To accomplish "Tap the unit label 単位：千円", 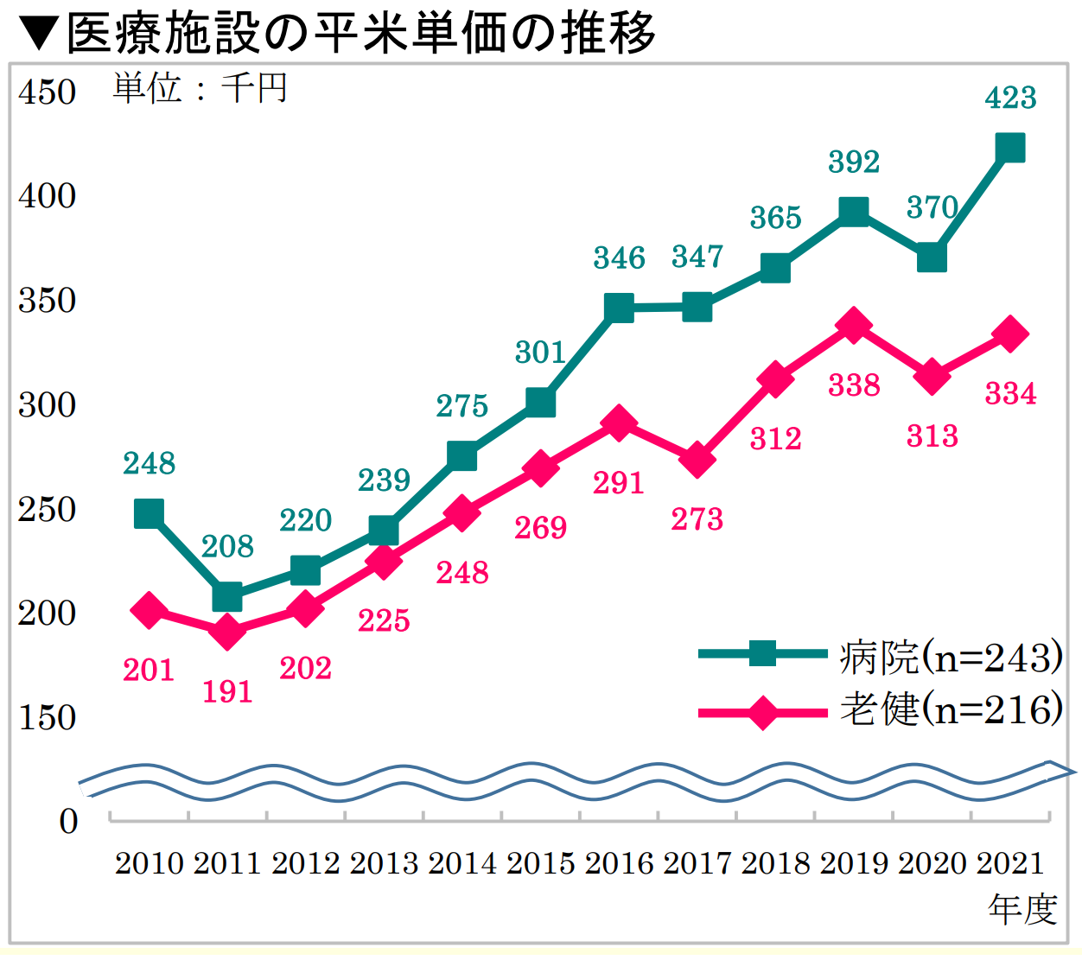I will [200, 88].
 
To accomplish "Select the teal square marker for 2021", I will [1010, 149].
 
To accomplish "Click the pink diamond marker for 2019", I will [854, 326].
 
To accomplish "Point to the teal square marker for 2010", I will [150, 514].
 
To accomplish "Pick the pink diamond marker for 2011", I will [227, 632].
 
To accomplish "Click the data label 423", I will [1010, 98].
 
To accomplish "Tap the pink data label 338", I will [854, 385].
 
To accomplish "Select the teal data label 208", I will [227, 546].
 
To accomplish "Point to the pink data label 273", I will [697, 519].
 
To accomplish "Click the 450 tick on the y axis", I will [48, 92].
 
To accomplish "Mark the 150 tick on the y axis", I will [48, 718].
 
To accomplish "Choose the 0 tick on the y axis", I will [68, 821].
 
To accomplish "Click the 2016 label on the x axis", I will [619, 863].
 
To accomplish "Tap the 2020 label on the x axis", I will [932, 863].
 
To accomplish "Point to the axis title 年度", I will [1022, 909].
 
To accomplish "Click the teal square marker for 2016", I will [619, 308].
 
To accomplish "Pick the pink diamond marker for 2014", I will [462, 513].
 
